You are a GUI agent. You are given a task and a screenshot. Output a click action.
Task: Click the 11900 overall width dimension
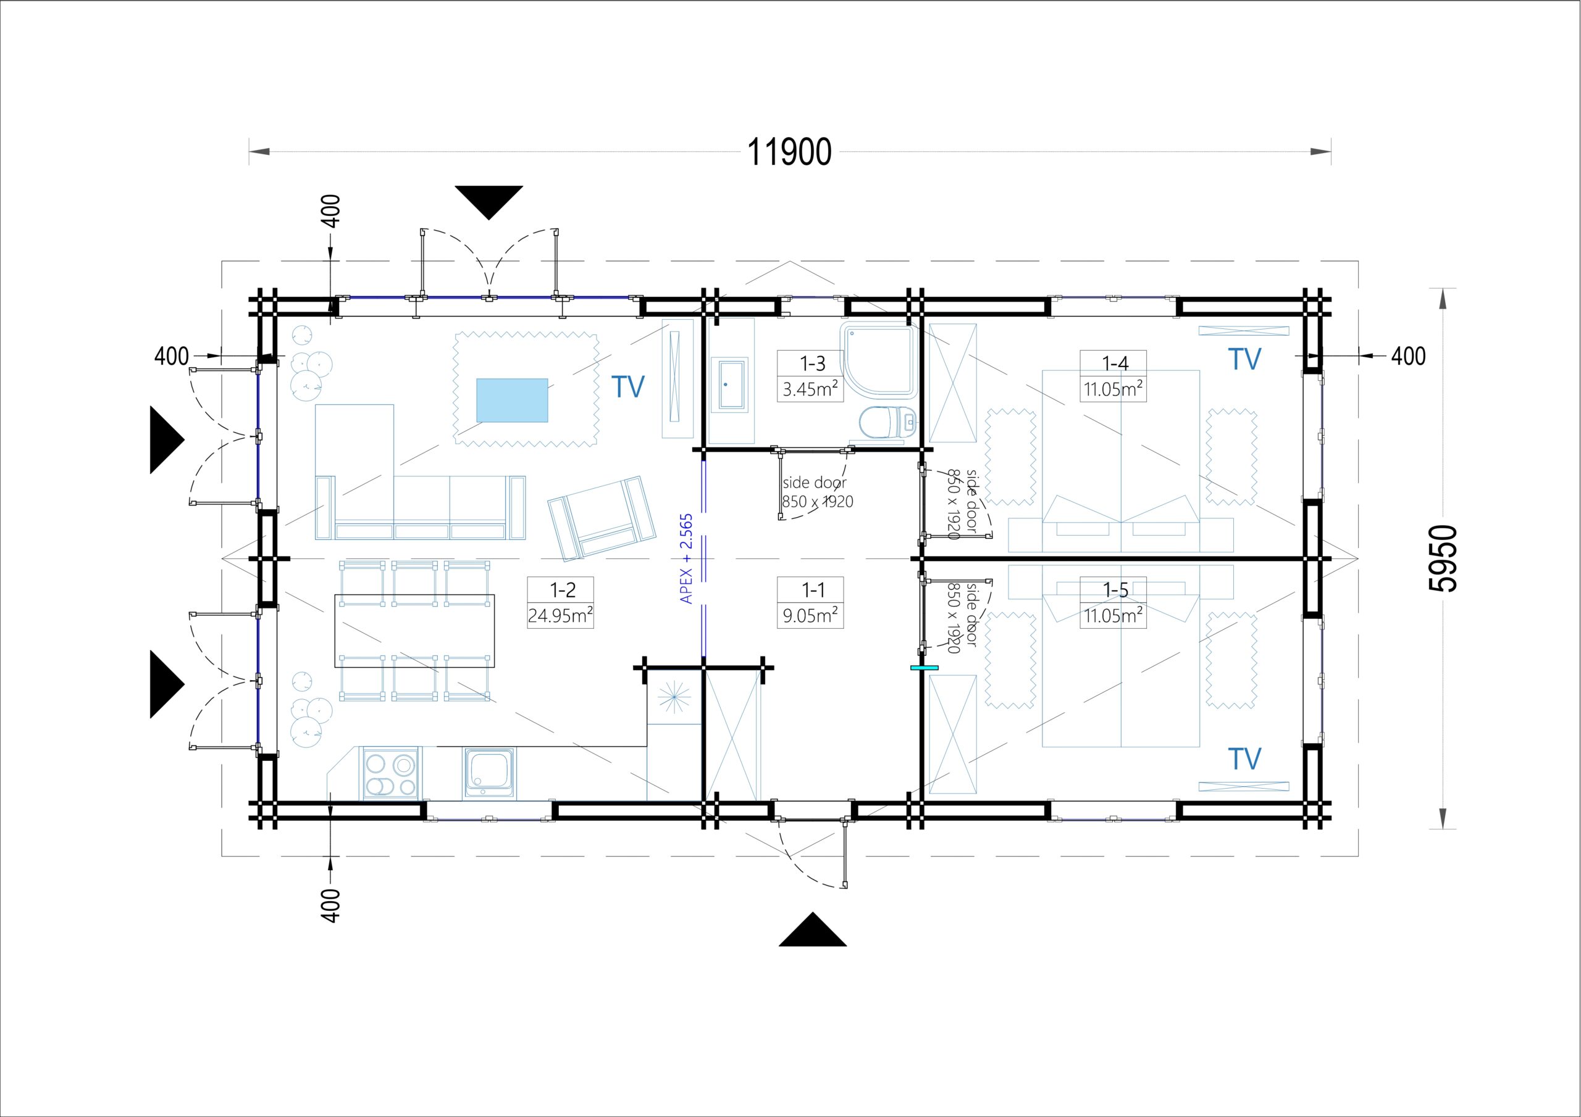(789, 152)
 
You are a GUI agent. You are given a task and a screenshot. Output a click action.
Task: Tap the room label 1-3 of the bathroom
(813, 363)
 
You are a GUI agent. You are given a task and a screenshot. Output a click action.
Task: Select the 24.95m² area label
(561, 615)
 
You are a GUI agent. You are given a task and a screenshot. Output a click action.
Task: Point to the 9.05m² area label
(810, 615)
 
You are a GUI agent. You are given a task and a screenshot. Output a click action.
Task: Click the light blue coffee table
(513, 400)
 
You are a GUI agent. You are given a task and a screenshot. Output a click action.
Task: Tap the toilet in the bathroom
(888, 423)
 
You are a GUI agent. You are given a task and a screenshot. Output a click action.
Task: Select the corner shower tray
(879, 360)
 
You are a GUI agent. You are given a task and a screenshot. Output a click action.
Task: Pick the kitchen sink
(489, 774)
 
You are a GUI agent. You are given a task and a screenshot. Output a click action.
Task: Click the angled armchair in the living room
(602, 517)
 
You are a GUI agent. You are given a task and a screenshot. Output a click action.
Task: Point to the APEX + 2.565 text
(687, 559)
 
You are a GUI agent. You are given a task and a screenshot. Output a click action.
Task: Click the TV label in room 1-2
(628, 387)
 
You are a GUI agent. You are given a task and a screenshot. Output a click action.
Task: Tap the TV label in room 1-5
(1244, 758)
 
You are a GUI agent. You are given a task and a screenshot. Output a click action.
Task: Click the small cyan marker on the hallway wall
(924, 668)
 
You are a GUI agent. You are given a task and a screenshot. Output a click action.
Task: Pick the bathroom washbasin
(729, 384)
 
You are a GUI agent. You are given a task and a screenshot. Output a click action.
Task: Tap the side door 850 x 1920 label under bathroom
(817, 492)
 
